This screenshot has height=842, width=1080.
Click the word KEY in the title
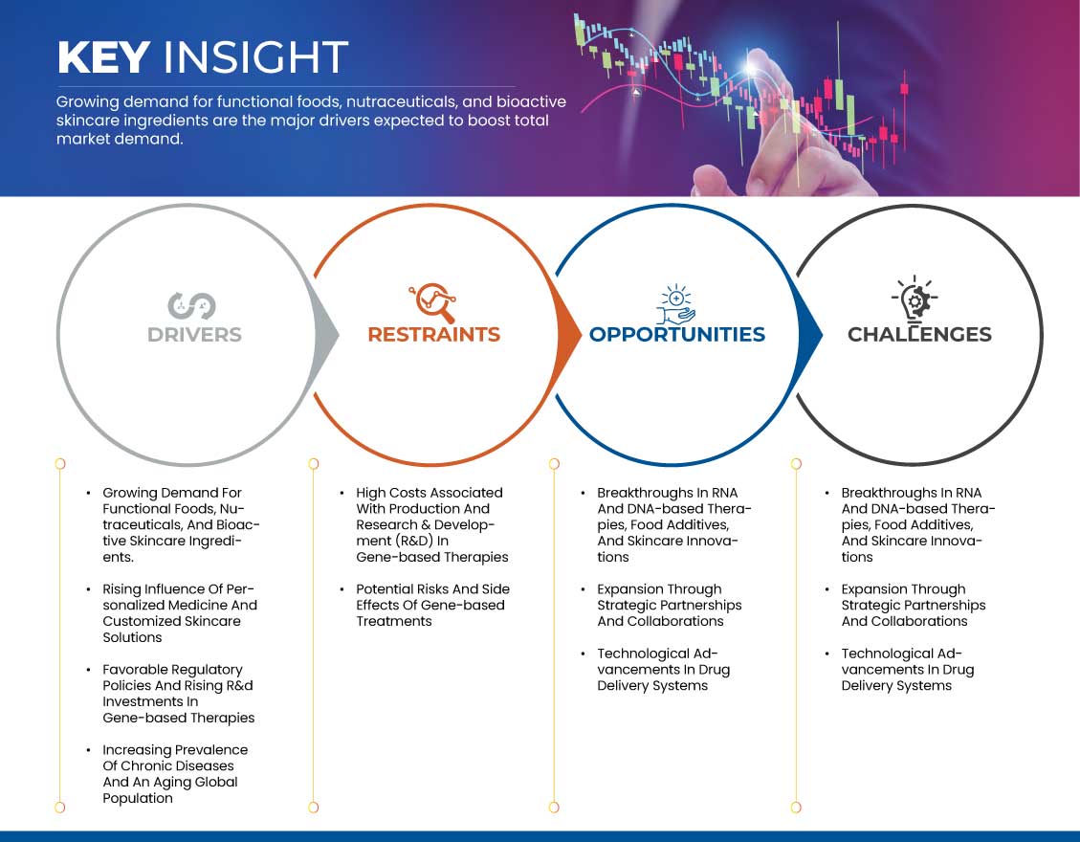pos(104,56)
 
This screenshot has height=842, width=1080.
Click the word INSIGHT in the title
pos(255,56)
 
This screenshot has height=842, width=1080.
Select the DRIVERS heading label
pos(194,335)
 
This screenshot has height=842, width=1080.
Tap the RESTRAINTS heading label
pos(434,334)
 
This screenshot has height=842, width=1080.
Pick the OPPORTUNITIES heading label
pos(677,334)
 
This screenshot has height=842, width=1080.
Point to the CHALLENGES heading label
pos(919,334)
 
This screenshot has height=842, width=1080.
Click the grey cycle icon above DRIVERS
pos(191,306)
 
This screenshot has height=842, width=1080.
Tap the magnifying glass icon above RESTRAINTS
pos(433,302)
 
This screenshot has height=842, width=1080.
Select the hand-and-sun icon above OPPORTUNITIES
pos(675,304)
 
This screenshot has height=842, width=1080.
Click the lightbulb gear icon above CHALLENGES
pos(915,299)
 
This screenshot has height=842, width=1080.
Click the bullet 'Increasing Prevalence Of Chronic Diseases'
pos(175,774)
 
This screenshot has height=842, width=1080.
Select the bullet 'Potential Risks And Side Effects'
pos(432,605)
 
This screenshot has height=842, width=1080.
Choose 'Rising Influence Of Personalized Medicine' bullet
pos(180,613)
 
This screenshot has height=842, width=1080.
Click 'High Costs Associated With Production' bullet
pos(431,525)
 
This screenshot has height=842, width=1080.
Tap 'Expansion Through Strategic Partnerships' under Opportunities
pos(670,605)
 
